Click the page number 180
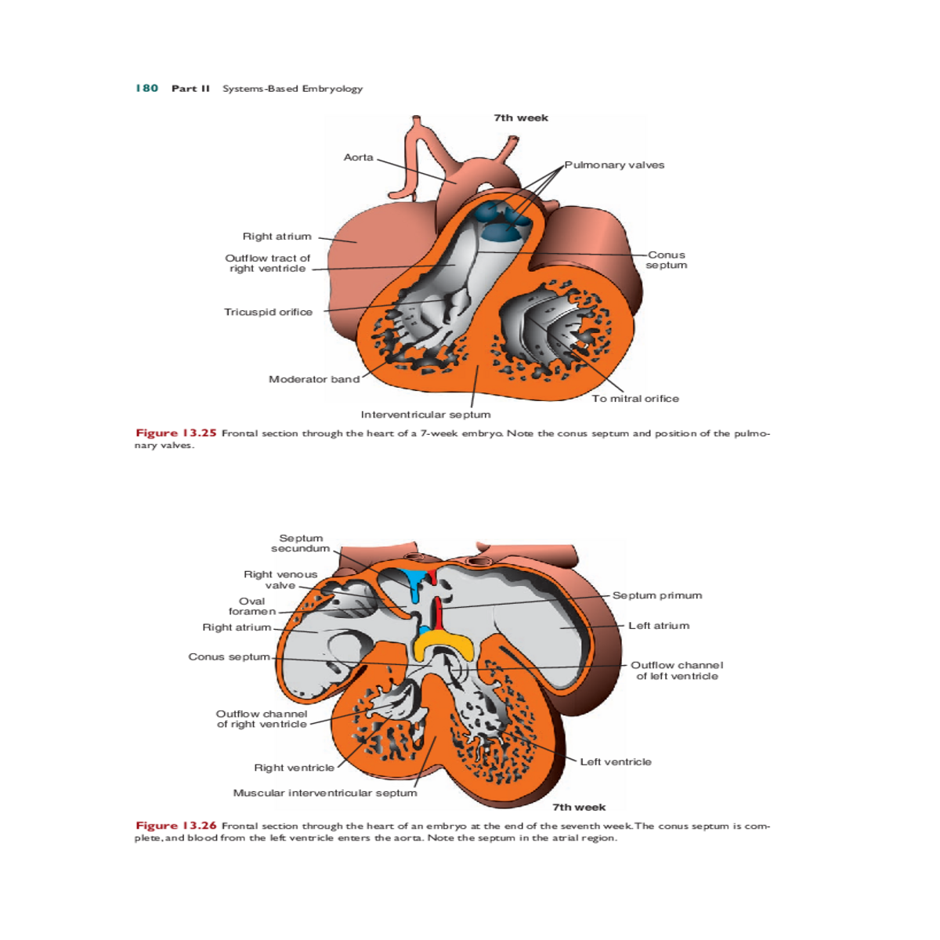[146, 89]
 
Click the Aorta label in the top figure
[358, 157]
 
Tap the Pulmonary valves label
[614, 165]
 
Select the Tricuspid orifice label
[268, 312]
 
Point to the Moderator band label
[314, 379]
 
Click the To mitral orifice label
[635, 399]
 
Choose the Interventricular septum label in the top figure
[425, 414]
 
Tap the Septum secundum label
[301, 544]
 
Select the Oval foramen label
[252, 606]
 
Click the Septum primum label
[657, 595]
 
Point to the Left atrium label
[659, 626]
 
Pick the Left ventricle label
[616, 761]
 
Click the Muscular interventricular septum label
[325, 793]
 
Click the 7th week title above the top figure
[521, 118]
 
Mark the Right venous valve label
[280, 580]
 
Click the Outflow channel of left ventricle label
[677, 671]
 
